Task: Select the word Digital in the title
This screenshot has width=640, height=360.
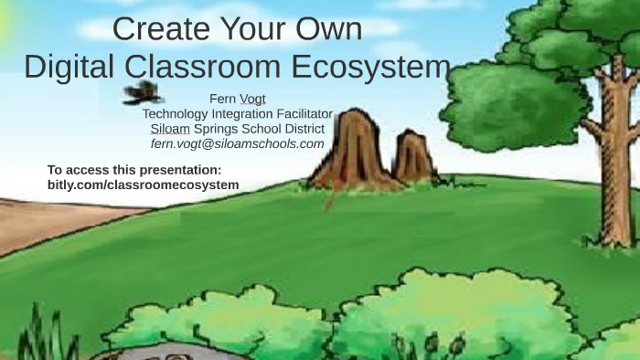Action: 69,68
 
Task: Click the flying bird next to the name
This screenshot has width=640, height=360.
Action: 143,91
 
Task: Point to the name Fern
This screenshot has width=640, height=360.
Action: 222,99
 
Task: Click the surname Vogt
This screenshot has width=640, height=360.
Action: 252,99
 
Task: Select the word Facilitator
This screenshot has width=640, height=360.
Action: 295,113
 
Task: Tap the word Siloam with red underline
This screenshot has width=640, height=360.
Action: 170,128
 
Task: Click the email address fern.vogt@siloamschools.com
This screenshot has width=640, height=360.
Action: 237,143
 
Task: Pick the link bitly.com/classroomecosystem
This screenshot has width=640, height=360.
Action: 143,185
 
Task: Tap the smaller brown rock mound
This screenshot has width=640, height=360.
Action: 415,157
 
